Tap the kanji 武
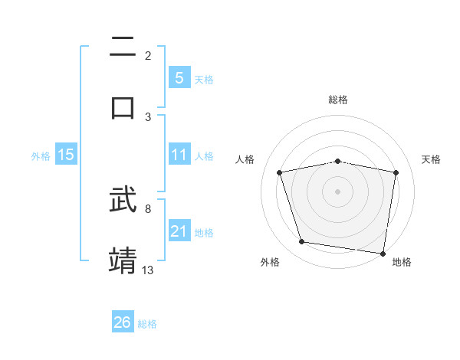tap(123, 200)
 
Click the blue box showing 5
tap(179, 78)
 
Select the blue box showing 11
tap(179, 155)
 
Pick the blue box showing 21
tap(179, 231)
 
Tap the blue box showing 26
tap(123, 322)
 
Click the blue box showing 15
tap(66, 155)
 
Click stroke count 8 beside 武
tap(148, 208)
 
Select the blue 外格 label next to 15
tap(41, 155)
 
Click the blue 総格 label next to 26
tap(147, 323)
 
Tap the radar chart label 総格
tap(338, 100)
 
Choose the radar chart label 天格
tap(432, 159)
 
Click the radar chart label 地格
tap(402, 262)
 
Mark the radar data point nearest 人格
tap(280, 172)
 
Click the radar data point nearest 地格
tap(383, 253)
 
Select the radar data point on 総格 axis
tap(338, 161)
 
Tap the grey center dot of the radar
tap(338, 191)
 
